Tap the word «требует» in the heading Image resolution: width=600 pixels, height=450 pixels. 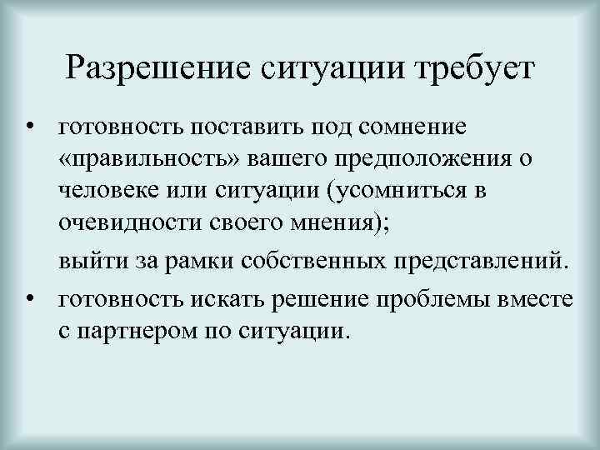click(x=472, y=66)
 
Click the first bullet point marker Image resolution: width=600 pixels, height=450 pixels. click(x=29, y=127)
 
